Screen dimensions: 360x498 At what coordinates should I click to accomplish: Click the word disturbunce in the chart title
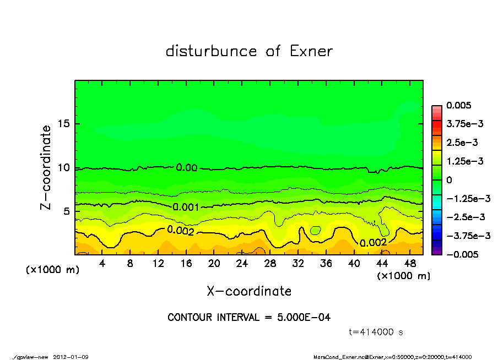(211, 51)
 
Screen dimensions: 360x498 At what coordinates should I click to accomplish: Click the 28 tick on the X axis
(270, 264)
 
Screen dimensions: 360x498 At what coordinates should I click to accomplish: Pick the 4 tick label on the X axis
(102, 264)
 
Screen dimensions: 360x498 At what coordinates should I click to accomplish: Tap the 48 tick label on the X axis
(410, 264)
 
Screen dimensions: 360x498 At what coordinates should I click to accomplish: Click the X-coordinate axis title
(249, 291)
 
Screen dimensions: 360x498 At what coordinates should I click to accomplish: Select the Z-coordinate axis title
(46, 167)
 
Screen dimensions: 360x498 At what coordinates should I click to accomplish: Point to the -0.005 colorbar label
(462, 254)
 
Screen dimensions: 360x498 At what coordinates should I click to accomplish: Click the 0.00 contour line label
(187, 167)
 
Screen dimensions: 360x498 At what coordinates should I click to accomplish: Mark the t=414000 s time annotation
(376, 332)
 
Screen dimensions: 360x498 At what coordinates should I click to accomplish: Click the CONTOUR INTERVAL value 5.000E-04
(305, 317)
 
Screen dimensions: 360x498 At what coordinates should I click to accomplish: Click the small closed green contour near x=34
(316, 230)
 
